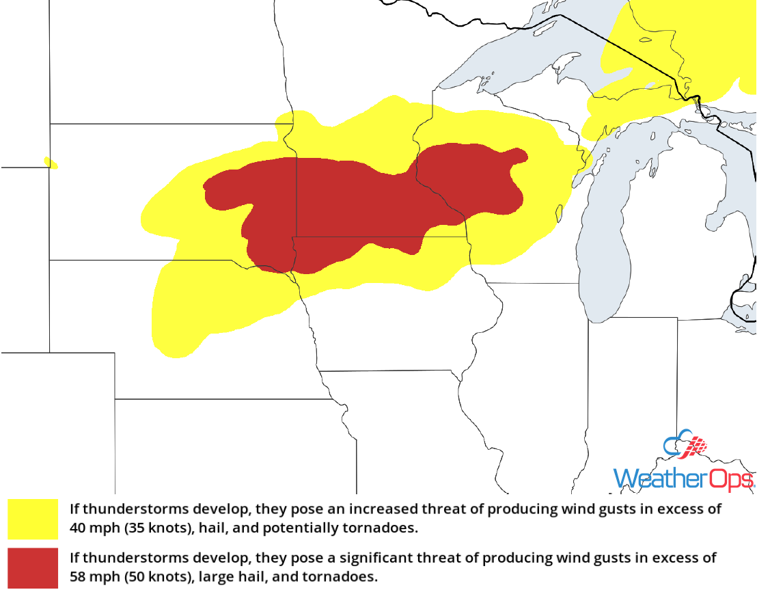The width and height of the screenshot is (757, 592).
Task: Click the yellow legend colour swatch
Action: coord(33,519)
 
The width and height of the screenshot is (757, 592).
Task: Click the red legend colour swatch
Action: coord(33,567)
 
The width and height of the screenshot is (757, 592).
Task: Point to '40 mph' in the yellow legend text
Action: coord(91,528)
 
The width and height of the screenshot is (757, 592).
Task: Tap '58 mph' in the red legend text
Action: coord(92,577)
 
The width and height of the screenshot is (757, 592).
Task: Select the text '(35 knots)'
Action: coord(149,528)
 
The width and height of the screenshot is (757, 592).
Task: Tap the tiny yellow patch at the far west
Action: coord(51,163)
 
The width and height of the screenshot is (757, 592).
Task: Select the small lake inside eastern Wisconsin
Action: coord(560,214)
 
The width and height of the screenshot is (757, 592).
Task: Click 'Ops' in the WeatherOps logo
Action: coord(731,478)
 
